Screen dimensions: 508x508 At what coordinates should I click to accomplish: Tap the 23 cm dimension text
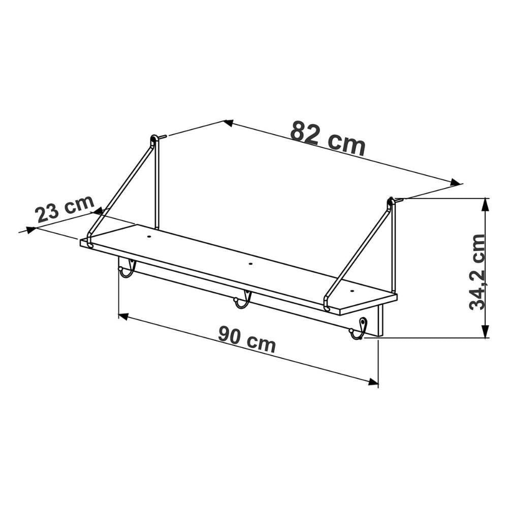(65, 209)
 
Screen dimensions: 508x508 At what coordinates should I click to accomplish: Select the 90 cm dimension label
(247, 339)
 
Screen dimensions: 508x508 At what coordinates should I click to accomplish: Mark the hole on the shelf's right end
(352, 291)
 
